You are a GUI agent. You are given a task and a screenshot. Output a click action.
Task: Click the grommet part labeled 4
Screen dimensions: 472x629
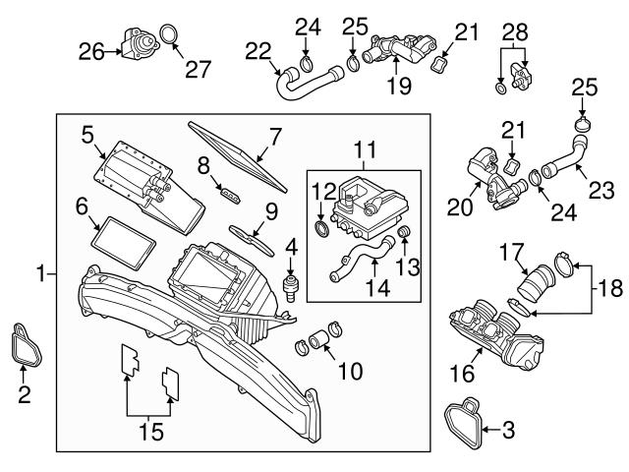pos(290,286)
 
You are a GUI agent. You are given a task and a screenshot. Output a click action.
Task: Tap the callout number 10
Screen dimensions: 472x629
pos(349,371)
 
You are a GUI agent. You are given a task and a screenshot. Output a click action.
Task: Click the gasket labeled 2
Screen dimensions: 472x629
pos(26,340)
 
